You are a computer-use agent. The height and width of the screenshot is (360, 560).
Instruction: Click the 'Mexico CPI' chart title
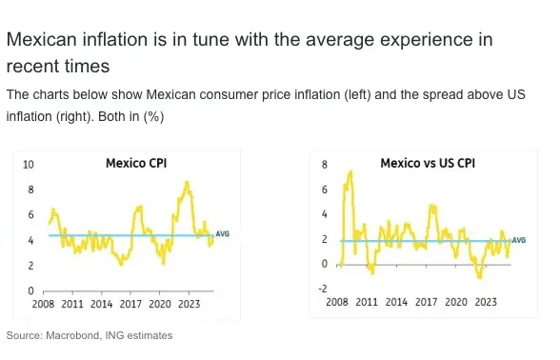[136, 163]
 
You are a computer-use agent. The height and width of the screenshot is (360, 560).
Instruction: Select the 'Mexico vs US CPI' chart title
[428, 163]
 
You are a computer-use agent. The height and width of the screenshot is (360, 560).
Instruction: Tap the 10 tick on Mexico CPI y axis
[29, 165]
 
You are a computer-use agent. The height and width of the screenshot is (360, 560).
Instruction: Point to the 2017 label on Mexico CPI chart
[130, 304]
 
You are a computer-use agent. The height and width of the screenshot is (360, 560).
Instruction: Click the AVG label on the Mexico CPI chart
[222, 234]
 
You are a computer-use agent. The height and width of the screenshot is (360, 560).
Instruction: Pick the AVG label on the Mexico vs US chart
[519, 240]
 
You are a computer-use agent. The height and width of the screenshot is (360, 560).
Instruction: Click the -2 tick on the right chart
[323, 289]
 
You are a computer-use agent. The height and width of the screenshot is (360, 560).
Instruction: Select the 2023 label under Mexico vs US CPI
[486, 302]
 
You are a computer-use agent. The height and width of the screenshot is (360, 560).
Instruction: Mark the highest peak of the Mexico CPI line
[187, 183]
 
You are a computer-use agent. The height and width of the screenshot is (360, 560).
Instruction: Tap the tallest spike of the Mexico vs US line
[350, 172]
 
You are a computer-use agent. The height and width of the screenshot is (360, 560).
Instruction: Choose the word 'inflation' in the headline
[115, 39]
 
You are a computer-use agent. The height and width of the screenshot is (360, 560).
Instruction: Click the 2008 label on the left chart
[43, 304]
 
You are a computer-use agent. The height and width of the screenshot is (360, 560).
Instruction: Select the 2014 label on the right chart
[396, 302]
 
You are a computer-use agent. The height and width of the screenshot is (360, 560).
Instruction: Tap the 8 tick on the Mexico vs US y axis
[324, 165]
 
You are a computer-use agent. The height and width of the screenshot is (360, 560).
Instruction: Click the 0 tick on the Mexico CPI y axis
[31, 291]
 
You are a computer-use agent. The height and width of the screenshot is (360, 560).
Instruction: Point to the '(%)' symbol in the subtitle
[153, 117]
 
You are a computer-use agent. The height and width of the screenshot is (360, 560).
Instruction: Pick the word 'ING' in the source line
[114, 335]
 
